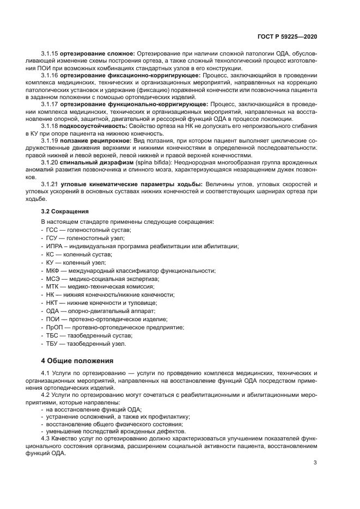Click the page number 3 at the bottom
point(315,463)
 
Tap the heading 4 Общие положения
point(77,360)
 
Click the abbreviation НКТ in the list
point(53,302)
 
